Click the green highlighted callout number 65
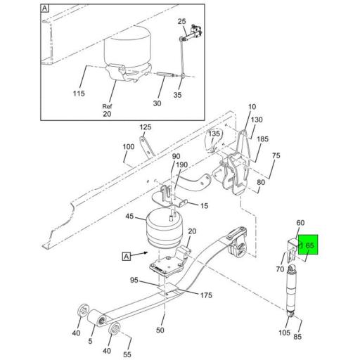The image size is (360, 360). tap(309, 246)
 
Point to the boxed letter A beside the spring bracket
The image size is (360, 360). tap(126, 257)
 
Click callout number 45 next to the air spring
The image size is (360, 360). tap(129, 218)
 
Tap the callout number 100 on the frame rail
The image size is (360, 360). tap(128, 148)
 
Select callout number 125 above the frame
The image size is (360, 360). tap(145, 127)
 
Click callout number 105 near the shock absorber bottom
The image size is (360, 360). tap(285, 332)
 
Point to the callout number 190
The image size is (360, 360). tap(181, 165)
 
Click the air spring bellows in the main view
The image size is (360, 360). tap(166, 230)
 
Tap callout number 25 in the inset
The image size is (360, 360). tap(182, 22)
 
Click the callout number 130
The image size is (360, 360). tap(257, 120)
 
